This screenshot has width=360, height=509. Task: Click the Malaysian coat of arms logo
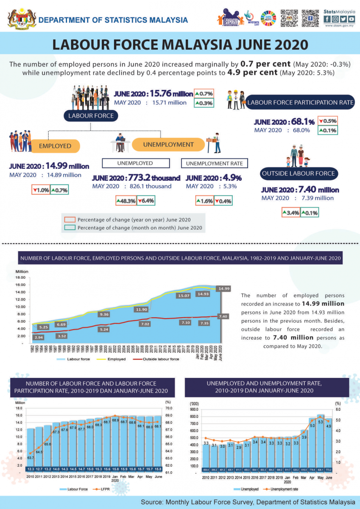[x=19, y=19]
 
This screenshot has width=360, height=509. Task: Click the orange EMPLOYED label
[x=55, y=146]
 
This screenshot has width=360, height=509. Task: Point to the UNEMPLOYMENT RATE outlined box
[x=215, y=163]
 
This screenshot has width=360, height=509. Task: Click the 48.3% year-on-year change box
[x=126, y=201]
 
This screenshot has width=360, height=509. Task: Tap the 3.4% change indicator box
[x=291, y=213]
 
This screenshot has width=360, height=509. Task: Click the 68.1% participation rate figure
[x=303, y=121]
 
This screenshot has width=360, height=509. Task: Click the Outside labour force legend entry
[x=157, y=359]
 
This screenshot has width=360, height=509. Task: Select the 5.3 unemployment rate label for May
[x=321, y=422]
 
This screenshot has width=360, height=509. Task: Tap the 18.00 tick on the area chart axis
[x=21, y=278]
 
